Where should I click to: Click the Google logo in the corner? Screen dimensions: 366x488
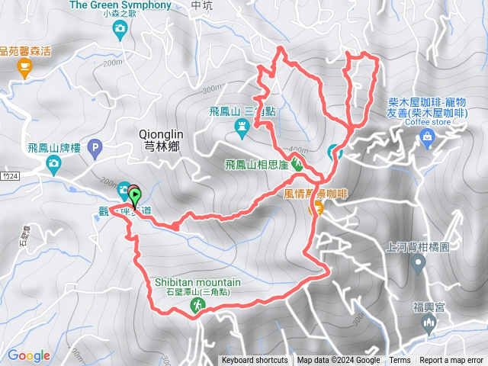[29, 355]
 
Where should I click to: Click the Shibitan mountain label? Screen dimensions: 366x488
[196, 282]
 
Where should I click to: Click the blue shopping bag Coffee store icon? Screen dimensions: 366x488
[427, 137]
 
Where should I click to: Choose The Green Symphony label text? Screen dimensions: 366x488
[120, 5]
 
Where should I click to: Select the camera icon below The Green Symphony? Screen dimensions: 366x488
[120, 30]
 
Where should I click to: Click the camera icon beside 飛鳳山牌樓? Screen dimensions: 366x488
[53, 162]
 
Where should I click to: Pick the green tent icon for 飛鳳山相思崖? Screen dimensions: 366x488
[298, 165]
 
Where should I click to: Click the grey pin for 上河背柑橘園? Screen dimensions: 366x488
[418, 265]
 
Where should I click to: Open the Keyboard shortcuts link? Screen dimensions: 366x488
[255, 361]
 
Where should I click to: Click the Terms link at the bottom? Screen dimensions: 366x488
[400, 361]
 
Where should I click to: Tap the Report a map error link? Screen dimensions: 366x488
[451, 361]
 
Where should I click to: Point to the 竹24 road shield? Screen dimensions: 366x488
[8, 175]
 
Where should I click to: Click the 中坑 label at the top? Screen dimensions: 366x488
[202, 5]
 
